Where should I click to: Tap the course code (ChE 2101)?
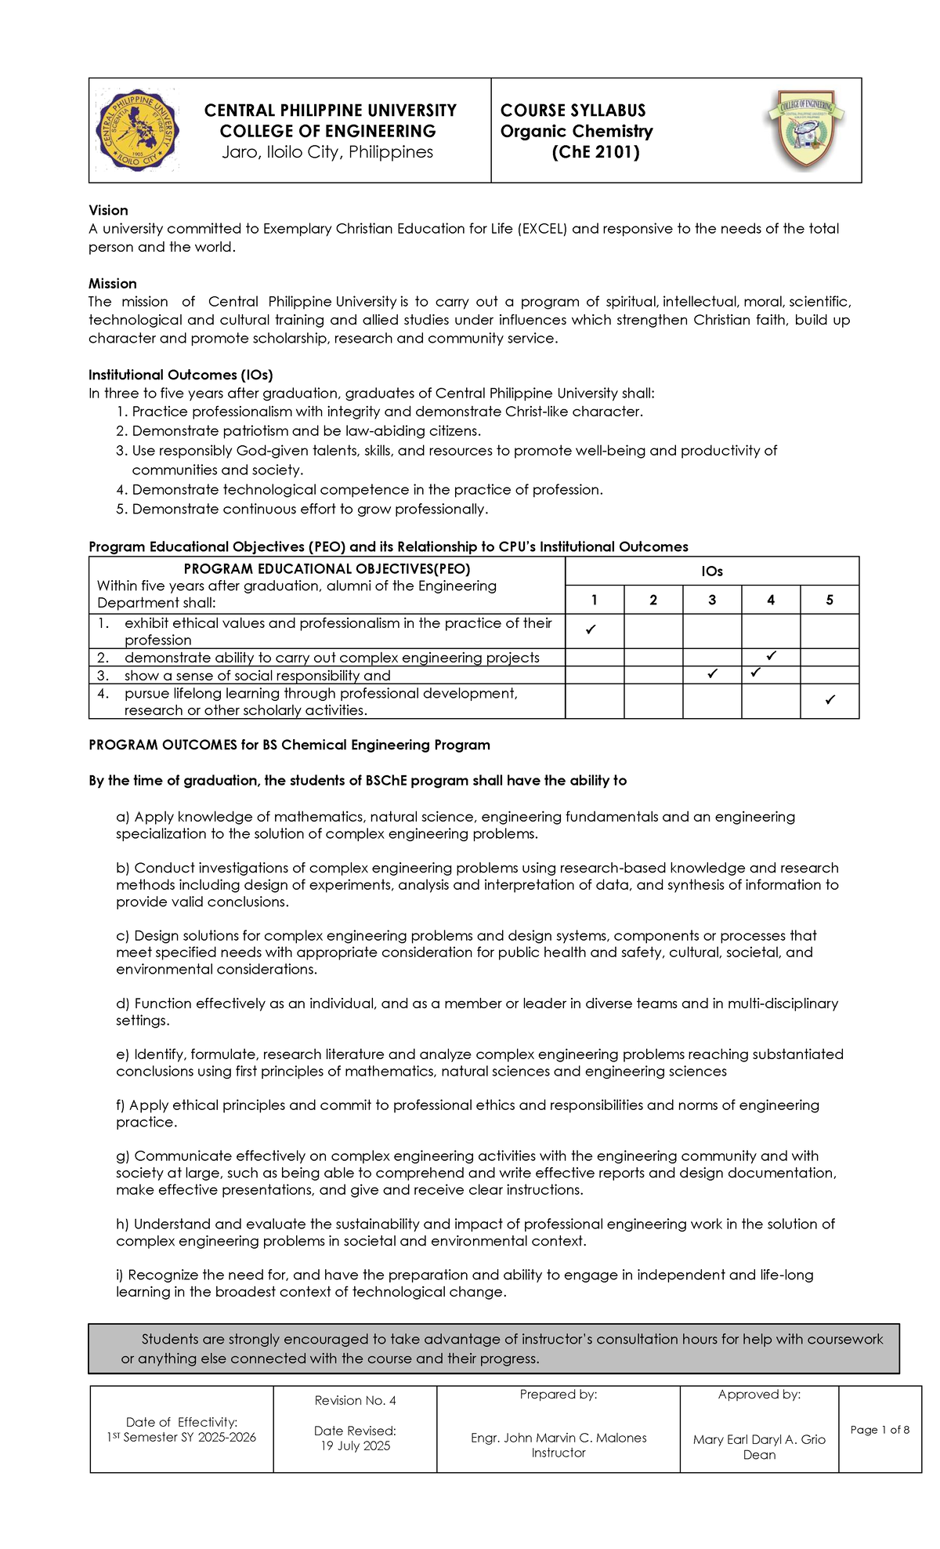pos(595,152)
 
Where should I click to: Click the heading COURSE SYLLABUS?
pos(573,111)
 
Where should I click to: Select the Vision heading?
pos(108,210)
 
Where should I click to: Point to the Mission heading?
pos(113,283)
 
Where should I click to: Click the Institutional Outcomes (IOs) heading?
pos(181,375)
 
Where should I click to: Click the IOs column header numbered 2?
pos(653,600)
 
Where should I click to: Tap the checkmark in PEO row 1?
pos(591,629)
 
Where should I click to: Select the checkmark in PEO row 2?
pos(772,655)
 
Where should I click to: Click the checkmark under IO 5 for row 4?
pos(830,699)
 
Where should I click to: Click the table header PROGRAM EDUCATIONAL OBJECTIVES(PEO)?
pos(327,568)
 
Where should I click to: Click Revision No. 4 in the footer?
pos(355,1400)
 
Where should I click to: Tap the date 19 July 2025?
pos(355,1446)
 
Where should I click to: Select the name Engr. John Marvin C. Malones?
pos(559,1438)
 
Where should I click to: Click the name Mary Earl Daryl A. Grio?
pos(759,1439)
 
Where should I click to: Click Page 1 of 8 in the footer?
pos(880,1430)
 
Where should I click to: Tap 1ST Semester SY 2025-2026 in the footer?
pos(182,1437)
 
